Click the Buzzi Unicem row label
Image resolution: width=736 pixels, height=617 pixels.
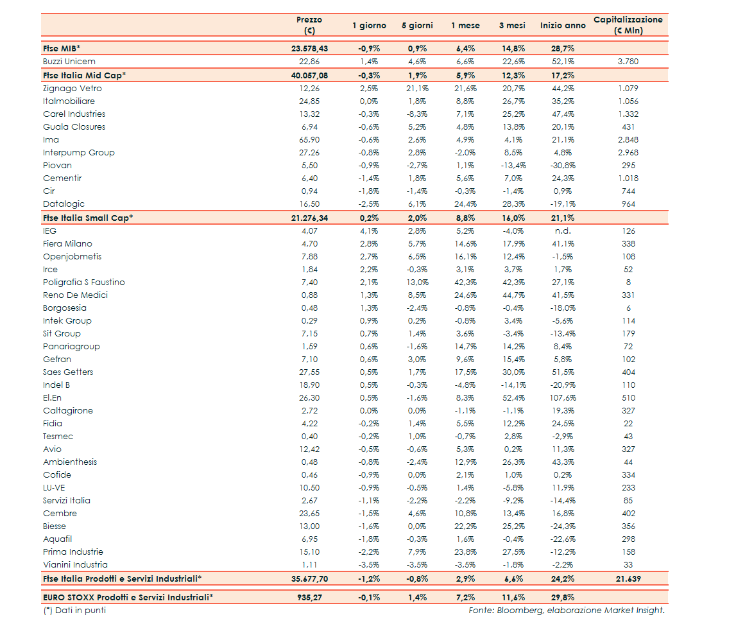69,62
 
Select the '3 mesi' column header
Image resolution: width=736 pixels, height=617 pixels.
512,26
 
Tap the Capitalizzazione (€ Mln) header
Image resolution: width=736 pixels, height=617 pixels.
628,25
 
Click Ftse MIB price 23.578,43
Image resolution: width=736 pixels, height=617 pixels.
309,48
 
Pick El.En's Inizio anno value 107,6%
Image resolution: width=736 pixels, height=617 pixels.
563,398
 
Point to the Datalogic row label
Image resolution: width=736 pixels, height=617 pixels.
64,204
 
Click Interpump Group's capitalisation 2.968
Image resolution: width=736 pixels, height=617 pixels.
628,153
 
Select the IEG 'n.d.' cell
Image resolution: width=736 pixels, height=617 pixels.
563,231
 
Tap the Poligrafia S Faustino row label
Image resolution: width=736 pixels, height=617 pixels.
84,282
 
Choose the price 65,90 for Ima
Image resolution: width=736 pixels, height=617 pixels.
309,140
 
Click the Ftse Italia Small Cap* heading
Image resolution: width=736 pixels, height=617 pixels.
88,218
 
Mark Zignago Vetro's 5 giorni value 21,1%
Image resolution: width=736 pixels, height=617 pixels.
417,89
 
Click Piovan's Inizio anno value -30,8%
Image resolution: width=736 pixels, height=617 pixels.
563,166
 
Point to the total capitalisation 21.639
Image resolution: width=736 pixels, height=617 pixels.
628,579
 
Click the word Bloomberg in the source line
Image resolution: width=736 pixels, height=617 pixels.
518,611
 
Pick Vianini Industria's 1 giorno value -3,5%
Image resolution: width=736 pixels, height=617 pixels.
369,565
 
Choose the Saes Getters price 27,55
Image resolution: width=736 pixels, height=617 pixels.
309,372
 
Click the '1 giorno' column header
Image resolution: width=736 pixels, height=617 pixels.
369,26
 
